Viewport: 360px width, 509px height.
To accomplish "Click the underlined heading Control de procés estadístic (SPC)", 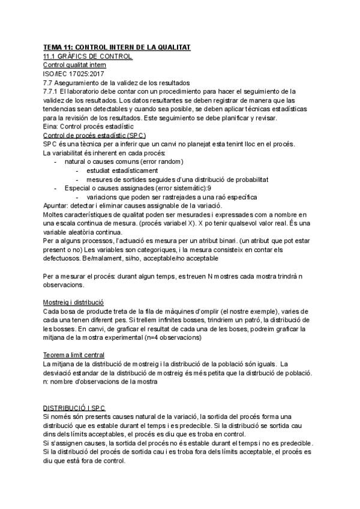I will (x=94, y=136).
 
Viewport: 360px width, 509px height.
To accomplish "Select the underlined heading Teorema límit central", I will (x=74, y=354).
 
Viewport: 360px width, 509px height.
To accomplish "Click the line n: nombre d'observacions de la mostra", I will (x=100, y=381).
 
